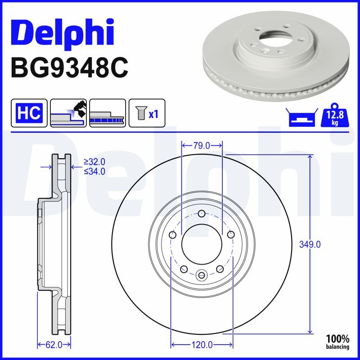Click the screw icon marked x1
click(x=147, y=113)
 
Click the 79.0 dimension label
click(x=202, y=145)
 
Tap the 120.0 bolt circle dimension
click(x=202, y=345)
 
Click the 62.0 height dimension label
click(x=54, y=345)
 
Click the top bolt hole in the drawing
click(x=202, y=213)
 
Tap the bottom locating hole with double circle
click(x=202, y=274)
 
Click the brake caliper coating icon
click(x=68, y=113)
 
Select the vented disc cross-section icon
click(x=107, y=113)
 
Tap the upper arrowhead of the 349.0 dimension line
click(x=310, y=157)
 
